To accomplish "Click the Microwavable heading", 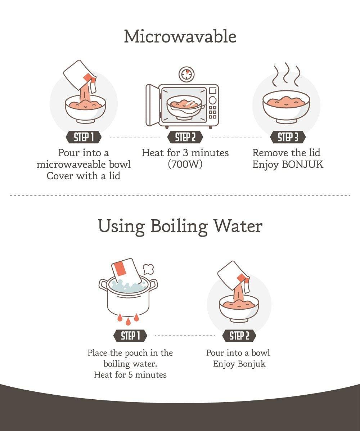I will coord(180,37).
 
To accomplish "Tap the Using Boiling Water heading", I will coord(180,226).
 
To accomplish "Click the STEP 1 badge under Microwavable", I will coord(84,137).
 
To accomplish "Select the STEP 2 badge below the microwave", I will coord(185,137).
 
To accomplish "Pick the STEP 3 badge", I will coord(288,137).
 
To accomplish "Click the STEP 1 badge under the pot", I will coord(130,336).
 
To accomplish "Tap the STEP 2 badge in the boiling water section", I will coord(239,336).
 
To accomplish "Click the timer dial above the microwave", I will coord(186,75).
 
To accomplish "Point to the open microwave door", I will coord(152,105).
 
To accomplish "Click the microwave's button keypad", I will coord(212,112).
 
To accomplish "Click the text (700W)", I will coord(185,164).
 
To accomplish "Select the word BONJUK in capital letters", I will coord(302,165).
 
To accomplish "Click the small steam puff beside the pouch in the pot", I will coord(148,269).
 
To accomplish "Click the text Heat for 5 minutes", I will coord(130,375).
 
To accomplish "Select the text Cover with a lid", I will coord(84,176).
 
